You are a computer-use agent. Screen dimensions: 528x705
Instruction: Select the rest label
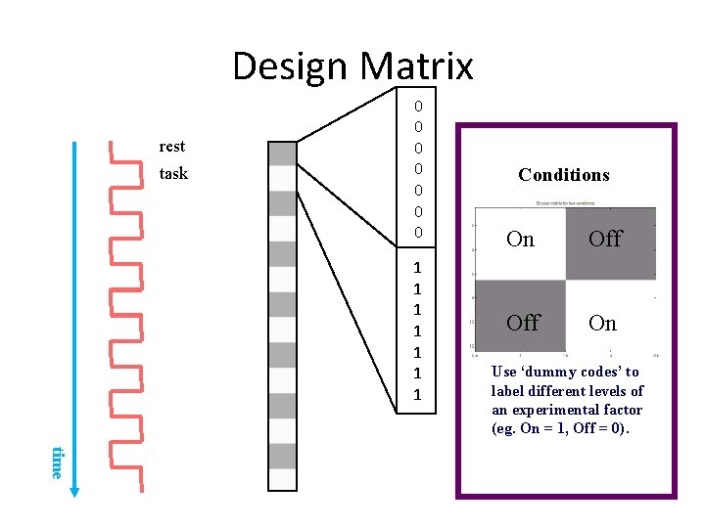[x=171, y=147]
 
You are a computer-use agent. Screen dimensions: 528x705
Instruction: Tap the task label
[x=172, y=174]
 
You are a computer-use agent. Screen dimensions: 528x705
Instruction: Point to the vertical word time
[x=57, y=462]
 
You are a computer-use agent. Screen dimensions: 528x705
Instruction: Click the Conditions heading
[x=563, y=175]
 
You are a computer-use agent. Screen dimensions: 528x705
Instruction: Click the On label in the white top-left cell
[x=520, y=239]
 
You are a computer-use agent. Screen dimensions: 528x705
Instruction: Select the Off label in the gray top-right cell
[x=605, y=239]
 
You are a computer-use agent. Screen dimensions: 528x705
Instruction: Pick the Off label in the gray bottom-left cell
[x=523, y=323]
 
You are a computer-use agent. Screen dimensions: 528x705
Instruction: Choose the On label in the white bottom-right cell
[x=603, y=323]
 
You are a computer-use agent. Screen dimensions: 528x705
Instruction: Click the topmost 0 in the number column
[x=418, y=106]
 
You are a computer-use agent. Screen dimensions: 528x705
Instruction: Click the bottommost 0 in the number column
[x=418, y=233]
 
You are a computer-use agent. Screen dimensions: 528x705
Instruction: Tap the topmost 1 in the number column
[x=418, y=268]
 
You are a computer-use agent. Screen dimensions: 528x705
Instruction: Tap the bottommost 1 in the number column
[x=418, y=395]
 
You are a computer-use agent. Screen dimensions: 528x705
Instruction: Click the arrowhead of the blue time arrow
[x=75, y=491]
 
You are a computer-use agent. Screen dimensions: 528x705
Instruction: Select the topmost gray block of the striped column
[x=282, y=154]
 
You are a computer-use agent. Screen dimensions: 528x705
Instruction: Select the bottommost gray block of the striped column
[x=282, y=456]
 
